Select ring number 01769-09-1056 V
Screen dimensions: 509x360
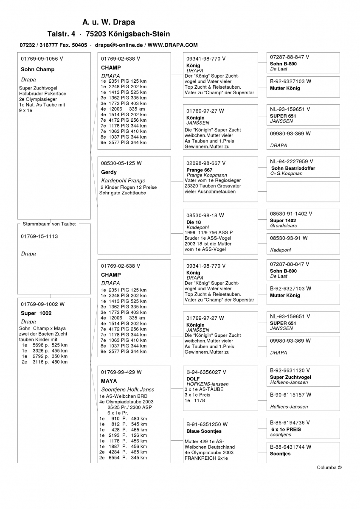[42, 59]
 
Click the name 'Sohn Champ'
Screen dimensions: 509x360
[37, 70]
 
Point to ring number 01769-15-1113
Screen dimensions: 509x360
[39, 236]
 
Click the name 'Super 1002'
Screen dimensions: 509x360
[36, 313]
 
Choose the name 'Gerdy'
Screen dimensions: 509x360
[109, 172]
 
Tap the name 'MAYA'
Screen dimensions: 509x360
[109, 381]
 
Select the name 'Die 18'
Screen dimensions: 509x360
[194, 222]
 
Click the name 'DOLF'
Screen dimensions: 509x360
[193, 379]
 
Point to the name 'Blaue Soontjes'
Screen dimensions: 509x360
[204, 431]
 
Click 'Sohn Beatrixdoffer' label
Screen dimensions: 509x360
[293, 168]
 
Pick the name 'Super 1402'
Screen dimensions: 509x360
[283, 221]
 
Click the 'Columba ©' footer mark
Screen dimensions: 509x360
[329, 467]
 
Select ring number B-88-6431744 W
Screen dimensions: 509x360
[290, 447]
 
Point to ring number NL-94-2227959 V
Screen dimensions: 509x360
[291, 161]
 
